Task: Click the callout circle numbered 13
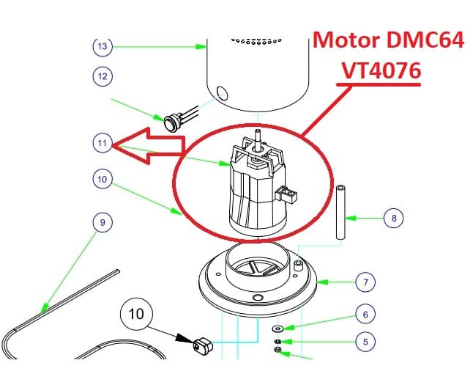(x=103, y=46)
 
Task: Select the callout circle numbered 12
(x=103, y=76)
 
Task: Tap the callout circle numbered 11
(x=103, y=143)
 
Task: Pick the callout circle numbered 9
(x=103, y=222)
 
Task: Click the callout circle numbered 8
(x=394, y=218)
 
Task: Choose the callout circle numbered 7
(x=365, y=282)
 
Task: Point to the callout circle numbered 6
(x=365, y=315)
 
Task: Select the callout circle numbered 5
(x=365, y=342)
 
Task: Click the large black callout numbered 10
(x=136, y=314)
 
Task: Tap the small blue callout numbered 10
(x=103, y=179)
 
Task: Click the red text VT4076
(x=381, y=70)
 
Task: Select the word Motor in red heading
(x=346, y=40)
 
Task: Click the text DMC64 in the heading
(x=425, y=40)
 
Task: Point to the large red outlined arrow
(x=149, y=146)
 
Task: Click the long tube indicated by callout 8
(x=340, y=213)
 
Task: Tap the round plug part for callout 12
(x=172, y=122)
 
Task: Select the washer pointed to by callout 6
(x=277, y=328)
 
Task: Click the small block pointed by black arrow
(x=203, y=345)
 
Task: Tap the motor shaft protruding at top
(x=258, y=139)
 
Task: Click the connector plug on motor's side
(x=286, y=194)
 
